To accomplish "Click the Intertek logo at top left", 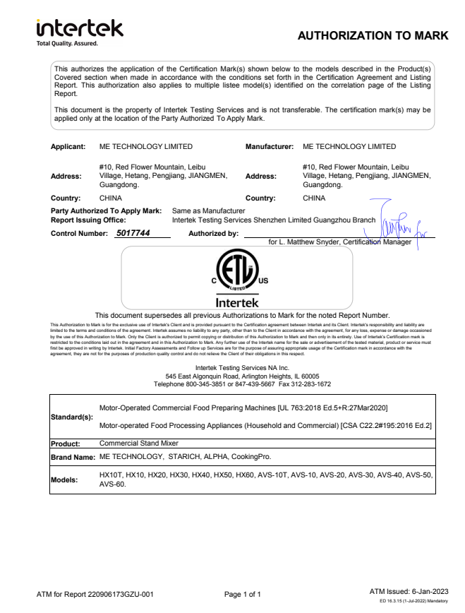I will click(x=80, y=28).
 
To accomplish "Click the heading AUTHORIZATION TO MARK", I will click(x=373, y=35).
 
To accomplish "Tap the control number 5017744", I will click(x=132, y=232).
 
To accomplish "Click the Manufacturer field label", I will click(x=269, y=147).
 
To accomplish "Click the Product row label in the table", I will click(x=67, y=444).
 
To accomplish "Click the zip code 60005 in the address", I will click(x=310, y=376).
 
